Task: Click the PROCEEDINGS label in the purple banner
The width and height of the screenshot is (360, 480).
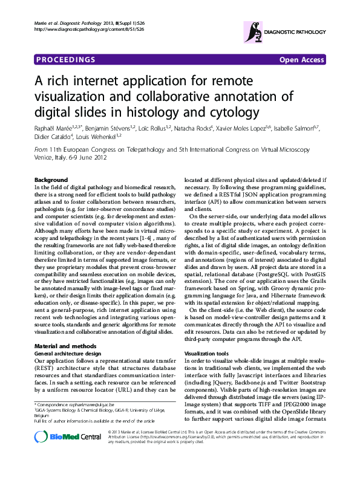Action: (66, 59)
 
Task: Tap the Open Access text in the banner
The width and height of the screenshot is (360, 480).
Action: (302, 59)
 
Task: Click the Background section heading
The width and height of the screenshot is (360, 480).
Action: (51, 180)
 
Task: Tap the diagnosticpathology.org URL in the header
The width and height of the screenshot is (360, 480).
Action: (90, 28)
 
